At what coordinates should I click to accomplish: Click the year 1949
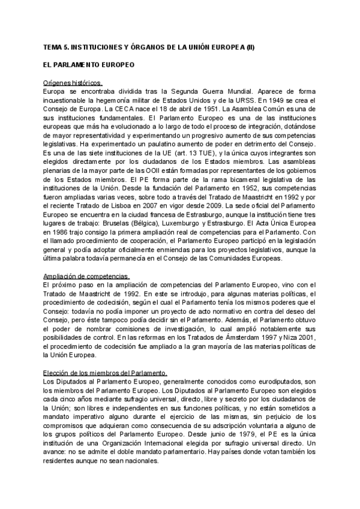point(287,99)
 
